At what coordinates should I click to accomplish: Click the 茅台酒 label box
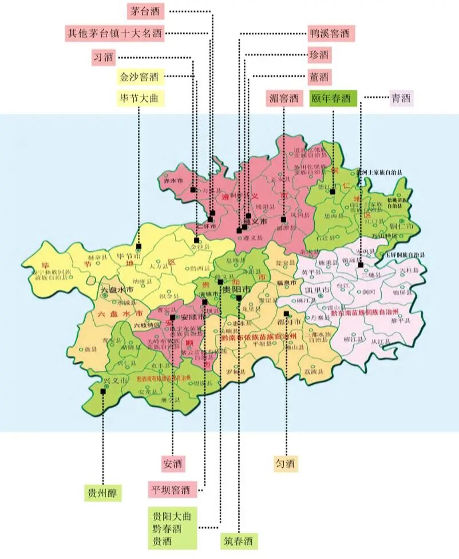(145, 11)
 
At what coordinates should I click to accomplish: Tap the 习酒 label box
(104, 56)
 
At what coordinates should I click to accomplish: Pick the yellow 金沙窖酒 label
(138, 76)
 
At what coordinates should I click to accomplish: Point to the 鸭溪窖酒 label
(329, 34)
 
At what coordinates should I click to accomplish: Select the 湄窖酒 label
(284, 98)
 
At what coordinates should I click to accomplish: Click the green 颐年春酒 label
(333, 98)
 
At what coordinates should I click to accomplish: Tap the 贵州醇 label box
(102, 493)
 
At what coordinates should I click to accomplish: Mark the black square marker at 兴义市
(102, 391)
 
